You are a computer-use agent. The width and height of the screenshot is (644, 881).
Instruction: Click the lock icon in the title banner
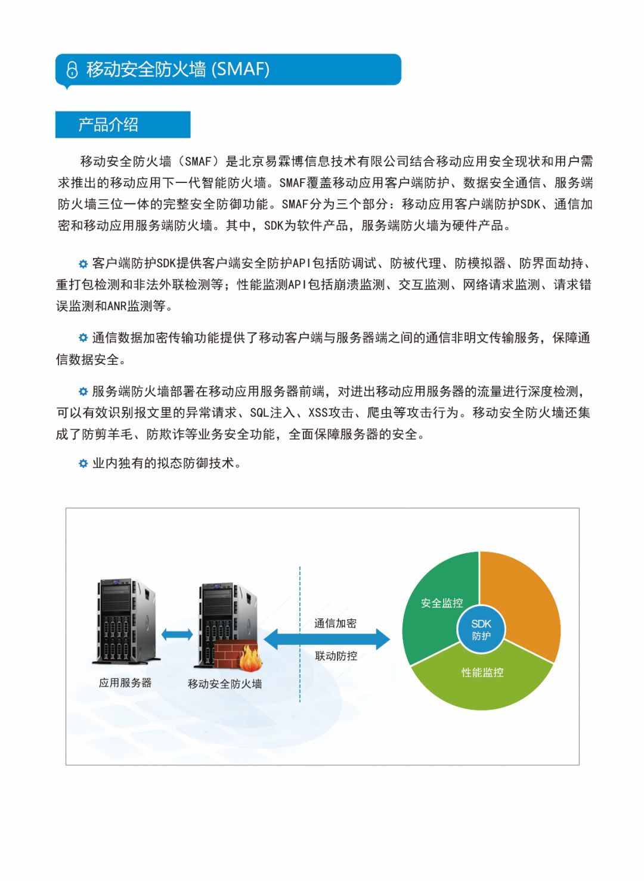72,70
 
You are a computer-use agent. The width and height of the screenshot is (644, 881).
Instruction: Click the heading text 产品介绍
108,125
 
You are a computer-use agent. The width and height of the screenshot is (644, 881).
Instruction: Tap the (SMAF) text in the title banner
240,69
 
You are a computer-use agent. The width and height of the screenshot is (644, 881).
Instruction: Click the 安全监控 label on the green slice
441,603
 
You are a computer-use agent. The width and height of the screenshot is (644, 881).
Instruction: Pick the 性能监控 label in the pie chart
482,672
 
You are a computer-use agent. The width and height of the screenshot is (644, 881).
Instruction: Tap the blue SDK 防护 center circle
481,629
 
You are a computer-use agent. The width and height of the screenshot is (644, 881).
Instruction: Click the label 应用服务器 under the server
125,683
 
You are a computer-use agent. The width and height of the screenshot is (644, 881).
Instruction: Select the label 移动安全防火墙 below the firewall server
225,684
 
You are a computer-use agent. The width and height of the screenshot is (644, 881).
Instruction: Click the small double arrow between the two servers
177,634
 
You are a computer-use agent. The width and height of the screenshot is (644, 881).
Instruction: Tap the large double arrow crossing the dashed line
327,640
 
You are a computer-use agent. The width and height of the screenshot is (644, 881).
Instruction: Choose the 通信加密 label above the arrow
335,623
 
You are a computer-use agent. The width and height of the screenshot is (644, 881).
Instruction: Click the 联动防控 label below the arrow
336,656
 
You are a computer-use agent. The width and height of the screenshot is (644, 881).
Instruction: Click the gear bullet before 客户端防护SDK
83,263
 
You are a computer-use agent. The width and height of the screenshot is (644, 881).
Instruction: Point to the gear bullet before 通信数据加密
83,338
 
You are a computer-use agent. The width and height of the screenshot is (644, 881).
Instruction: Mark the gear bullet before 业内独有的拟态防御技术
83,463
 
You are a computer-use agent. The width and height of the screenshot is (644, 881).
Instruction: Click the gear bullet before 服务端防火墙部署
83,392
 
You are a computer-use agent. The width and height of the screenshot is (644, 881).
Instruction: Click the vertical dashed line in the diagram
300,596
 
